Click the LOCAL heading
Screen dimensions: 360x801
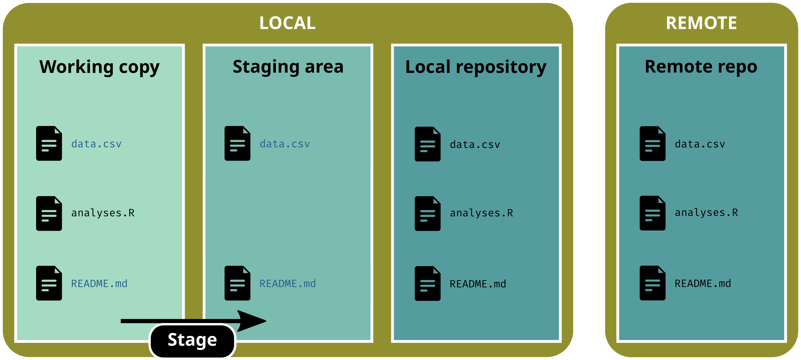pyautogui.click(x=287, y=23)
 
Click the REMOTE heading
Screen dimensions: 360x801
pyautogui.click(x=701, y=23)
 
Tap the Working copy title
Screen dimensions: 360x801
pyautogui.click(x=99, y=67)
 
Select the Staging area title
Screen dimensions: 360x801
pyautogui.click(x=288, y=67)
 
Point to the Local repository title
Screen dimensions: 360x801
pyautogui.click(x=476, y=67)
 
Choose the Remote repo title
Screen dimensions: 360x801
pyautogui.click(x=701, y=67)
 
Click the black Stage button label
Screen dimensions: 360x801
pyautogui.click(x=192, y=340)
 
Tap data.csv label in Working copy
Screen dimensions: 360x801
pyautogui.click(x=96, y=144)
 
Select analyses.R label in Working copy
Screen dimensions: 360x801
pyautogui.click(x=103, y=213)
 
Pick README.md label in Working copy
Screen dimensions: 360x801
pyautogui.click(x=99, y=283)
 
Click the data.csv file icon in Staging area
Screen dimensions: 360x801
pyautogui.click(x=237, y=143)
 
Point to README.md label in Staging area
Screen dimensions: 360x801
pyautogui.click(x=288, y=283)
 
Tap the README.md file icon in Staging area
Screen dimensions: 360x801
pyautogui.click(x=237, y=283)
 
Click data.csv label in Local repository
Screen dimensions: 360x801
pyautogui.click(x=475, y=145)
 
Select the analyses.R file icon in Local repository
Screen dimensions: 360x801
pyautogui.click(x=427, y=214)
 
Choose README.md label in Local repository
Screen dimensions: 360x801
pyautogui.click(x=478, y=284)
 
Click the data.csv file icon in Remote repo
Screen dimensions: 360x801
pyautogui.click(x=652, y=144)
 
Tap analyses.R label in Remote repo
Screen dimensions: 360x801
pyautogui.click(x=706, y=213)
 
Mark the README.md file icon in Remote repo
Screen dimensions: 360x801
pyautogui.click(x=652, y=283)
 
